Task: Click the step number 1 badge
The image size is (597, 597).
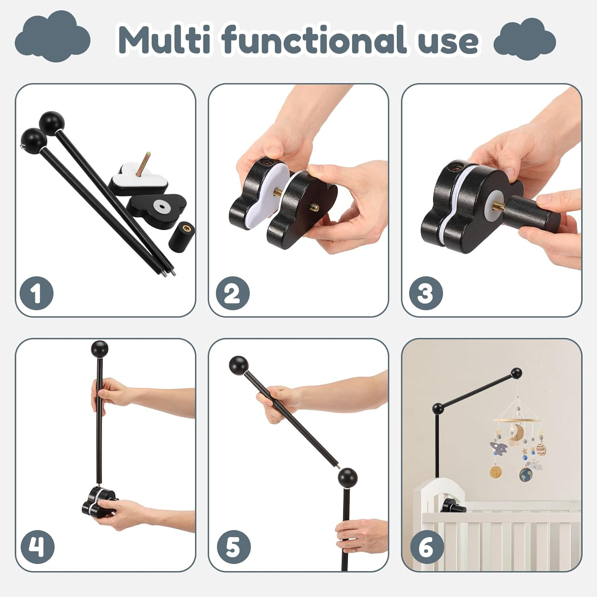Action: (37, 294)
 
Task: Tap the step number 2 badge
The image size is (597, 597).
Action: (232, 294)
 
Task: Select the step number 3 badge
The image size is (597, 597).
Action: (425, 294)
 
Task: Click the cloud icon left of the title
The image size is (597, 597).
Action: (53, 38)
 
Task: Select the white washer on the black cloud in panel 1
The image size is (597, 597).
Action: (162, 207)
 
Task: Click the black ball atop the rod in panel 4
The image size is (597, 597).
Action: (99, 349)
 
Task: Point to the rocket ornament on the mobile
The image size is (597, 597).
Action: (498, 448)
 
